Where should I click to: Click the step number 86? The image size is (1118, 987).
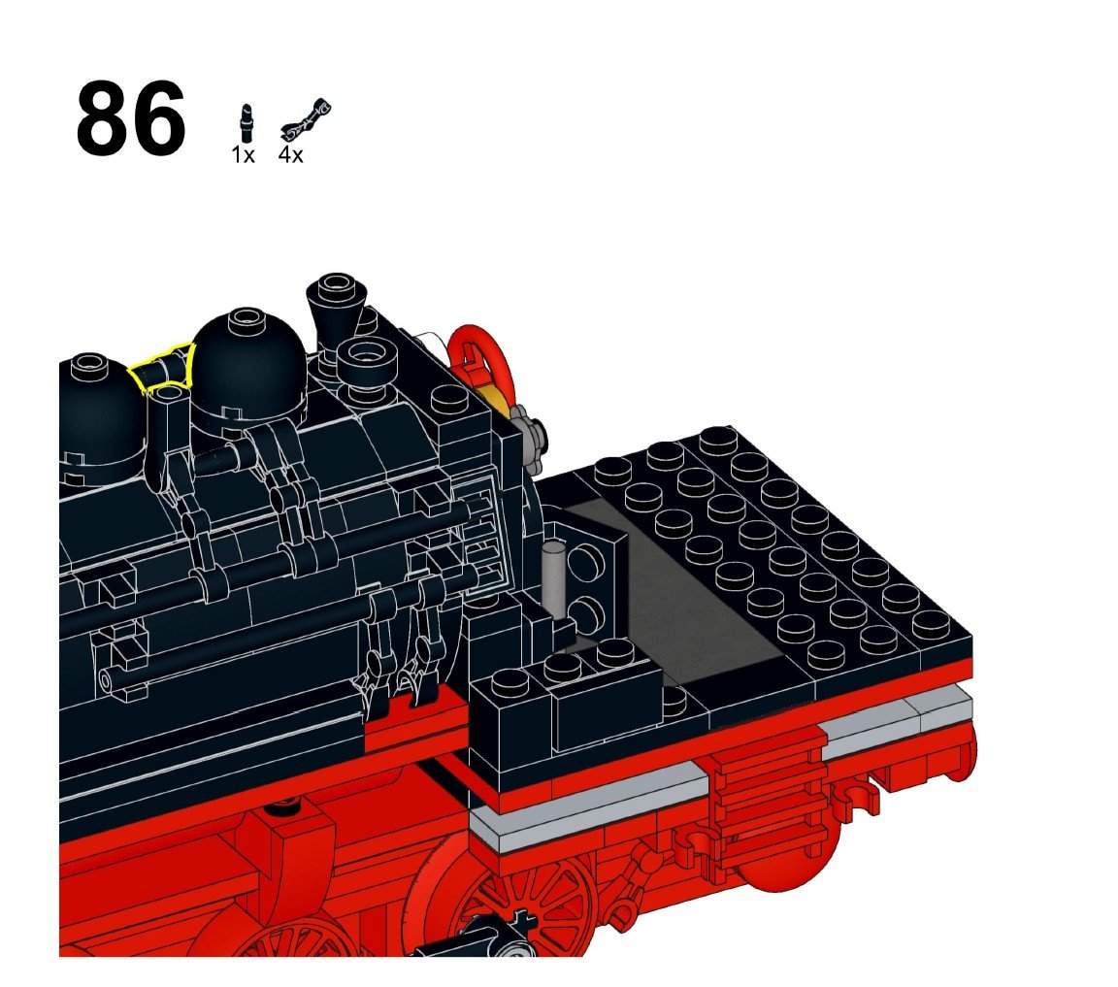click(x=130, y=117)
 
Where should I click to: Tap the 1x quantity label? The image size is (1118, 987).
click(x=243, y=154)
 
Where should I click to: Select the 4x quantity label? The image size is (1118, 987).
click(x=291, y=154)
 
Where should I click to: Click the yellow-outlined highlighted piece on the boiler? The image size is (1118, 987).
click(x=163, y=367)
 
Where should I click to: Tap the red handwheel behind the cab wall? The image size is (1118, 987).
click(x=479, y=364)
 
